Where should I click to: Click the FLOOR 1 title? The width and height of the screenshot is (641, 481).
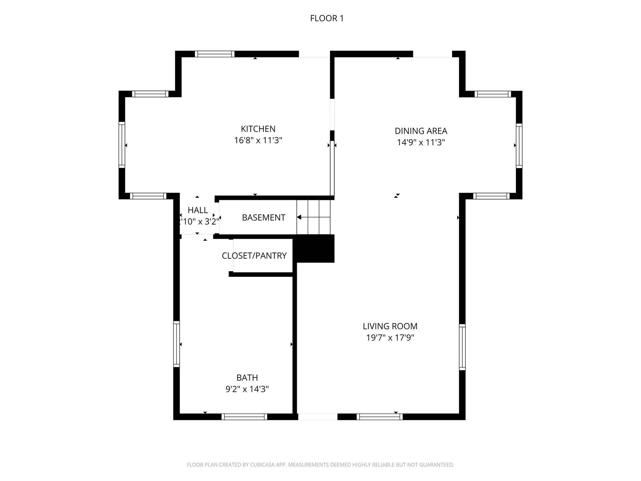(x=327, y=18)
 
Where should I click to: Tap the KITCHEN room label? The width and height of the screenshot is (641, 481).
(x=258, y=129)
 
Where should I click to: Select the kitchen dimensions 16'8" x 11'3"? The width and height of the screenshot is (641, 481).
(x=258, y=140)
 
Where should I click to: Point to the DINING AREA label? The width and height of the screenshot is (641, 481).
(x=421, y=131)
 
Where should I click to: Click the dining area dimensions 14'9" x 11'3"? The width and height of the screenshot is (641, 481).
(x=421, y=142)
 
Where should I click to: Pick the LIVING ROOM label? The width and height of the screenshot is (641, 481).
(x=390, y=326)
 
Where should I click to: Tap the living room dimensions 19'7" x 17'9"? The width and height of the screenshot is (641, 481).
(x=390, y=338)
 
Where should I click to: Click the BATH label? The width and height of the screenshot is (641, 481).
(x=247, y=378)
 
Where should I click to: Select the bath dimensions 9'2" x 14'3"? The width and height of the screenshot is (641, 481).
(x=247, y=389)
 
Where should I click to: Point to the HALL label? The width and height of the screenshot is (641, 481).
(x=198, y=210)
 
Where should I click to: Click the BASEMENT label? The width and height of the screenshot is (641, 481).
(x=263, y=218)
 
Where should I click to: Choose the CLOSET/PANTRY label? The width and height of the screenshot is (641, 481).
(x=254, y=256)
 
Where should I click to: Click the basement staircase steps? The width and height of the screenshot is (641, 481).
(x=313, y=217)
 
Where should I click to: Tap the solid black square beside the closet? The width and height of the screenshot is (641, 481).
(x=315, y=249)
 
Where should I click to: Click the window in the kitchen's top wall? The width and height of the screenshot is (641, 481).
(x=215, y=54)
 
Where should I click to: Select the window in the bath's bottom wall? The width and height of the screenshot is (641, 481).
(x=244, y=417)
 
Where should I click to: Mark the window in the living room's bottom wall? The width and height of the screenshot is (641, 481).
(x=380, y=417)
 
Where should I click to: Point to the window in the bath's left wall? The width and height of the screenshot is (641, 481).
(x=176, y=344)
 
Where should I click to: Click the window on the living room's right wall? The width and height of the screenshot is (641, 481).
(x=462, y=347)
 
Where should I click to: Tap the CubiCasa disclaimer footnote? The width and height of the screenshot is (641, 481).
(x=320, y=465)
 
